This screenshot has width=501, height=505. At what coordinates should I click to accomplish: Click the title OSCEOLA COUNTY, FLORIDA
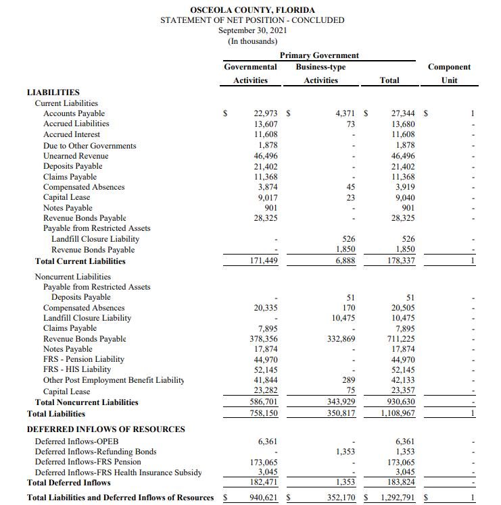[252, 10]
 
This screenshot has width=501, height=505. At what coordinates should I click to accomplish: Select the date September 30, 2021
[252, 30]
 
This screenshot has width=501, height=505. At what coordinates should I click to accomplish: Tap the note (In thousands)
[252, 41]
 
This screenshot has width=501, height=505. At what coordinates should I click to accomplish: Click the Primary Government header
[319, 55]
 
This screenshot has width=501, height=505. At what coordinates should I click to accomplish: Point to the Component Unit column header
[449, 73]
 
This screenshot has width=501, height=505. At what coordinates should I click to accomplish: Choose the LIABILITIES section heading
[53, 92]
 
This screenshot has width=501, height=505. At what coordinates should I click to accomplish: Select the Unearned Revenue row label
[76, 156]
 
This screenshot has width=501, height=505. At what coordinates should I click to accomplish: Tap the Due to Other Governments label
[89, 146]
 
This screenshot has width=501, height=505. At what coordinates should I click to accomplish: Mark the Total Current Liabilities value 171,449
[263, 261]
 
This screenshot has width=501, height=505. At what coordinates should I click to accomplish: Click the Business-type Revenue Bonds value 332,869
[341, 339]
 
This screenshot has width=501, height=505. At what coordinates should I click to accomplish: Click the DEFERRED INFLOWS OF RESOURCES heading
[105, 429]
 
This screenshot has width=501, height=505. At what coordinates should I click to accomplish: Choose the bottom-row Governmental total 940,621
[263, 498]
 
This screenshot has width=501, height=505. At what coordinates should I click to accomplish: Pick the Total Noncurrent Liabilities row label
[87, 402]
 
